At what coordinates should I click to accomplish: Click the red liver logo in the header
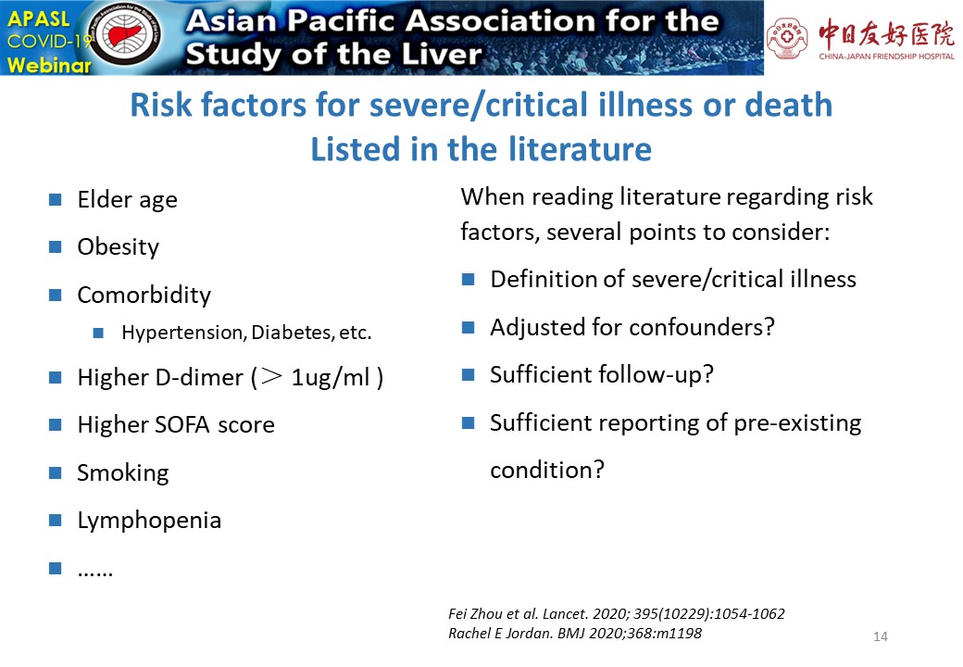tap(127, 34)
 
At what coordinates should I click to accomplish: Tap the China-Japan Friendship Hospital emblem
tap(785, 38)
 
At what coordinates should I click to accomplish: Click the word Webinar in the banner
tap(49, 64)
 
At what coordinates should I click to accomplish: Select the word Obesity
tap(118, 247)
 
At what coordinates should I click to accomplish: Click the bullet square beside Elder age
tap(56, 199)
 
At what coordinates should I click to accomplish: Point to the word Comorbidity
tap(144, 296)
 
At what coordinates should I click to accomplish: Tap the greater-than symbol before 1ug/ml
tap(271, 376)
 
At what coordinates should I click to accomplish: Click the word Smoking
tap(123, 472)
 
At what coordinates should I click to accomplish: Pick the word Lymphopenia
tap(149, 521)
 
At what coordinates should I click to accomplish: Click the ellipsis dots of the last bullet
tap(95, 573)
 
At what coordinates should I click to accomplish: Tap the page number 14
tap(880, 637)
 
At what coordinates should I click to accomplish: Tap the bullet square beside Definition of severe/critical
tap(468, 280)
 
